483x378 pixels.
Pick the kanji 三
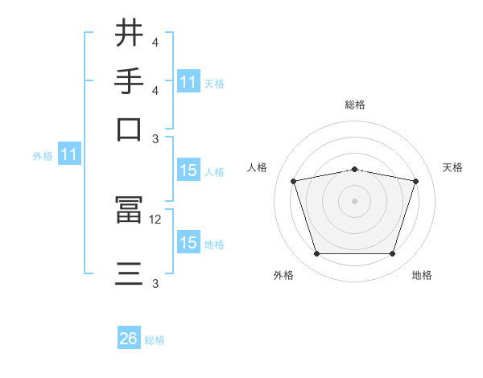tap(130, 273)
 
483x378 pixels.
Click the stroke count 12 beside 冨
tap(155, 219)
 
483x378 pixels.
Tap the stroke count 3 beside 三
tap(155, 283)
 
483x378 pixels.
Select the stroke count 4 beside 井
tap(155, 42)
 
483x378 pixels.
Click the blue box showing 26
tap(129, 339)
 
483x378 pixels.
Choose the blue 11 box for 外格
tap(68, 155)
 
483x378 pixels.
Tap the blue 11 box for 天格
tap(188, 82)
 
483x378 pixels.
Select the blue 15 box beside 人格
tap(188, 171)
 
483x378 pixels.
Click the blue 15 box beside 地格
tap(188, 243)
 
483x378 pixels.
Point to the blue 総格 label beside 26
tap(155, 340)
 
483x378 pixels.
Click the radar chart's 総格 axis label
tap(354, 105)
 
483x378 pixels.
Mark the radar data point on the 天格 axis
tap(416, 181)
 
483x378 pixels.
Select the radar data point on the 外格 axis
tap(316, 254)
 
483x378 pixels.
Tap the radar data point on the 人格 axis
tap(293, 181)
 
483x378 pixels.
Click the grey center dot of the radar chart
tap(354, 201)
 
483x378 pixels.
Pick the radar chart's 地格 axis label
tap(422, 275)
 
